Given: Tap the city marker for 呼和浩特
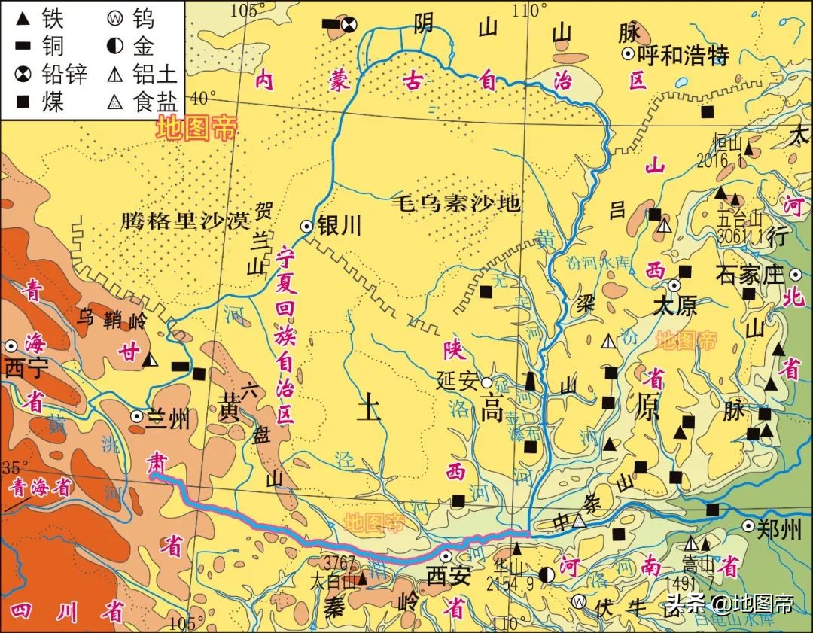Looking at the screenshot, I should [x=627, y=53].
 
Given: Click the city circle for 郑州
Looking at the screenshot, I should [x=748, y=526].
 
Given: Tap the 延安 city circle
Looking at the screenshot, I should [x=487, y=382].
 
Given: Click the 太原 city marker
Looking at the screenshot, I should [x=674, y=286].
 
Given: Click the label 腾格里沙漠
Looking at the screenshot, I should [x=184, y=221].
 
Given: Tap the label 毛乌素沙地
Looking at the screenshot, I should [x=456, y=202].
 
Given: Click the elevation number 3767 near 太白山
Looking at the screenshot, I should [x=336, y=561].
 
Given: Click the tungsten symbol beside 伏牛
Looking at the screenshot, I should [x=578, y=601].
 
